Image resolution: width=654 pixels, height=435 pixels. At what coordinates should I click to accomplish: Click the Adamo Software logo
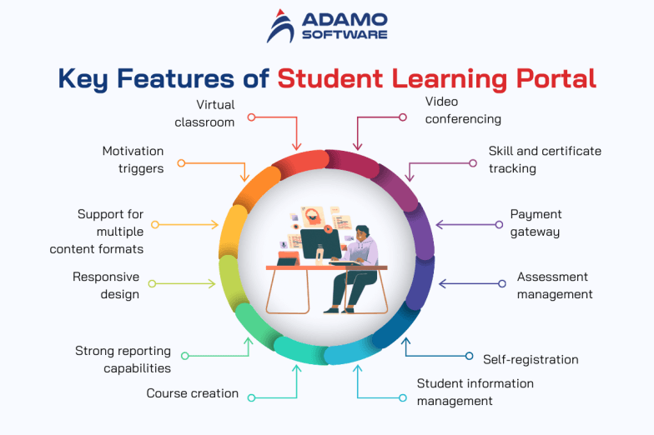pyautogui.click(x=326, y=27)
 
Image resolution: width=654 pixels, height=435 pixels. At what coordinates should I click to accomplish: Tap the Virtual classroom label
pyautogui.click(x=204, y=113)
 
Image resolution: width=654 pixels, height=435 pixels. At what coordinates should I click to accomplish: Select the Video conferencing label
pyautogui.click(x=463, y=110)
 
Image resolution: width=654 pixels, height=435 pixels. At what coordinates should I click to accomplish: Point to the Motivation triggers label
pyautogui.click(x=133, y=159)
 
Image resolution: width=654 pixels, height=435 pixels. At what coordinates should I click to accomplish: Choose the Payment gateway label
pyautogui.click(x=535, y=223)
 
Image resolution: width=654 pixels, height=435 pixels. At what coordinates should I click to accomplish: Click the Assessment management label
pyautogui.click(x=554, y=285)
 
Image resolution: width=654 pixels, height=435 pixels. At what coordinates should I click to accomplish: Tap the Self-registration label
pyautogui.click(x=531, y=359)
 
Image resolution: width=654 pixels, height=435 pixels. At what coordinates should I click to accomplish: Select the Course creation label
pyautogui.click(x=193, y=392)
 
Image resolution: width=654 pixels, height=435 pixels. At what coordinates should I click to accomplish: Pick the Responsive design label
pyautogui.click(x=106, y=285)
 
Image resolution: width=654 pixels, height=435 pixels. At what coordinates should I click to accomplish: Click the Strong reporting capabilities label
pyautogui.click(x=123, y=359)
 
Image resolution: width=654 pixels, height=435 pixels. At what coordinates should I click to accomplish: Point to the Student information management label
pyautogui.click(x=475, y=392)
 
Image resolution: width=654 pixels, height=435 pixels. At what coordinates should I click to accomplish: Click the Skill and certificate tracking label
pyautogui.click(x=545, y=159)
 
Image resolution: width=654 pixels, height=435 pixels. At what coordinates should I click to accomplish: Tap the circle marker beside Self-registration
pyautogui.click(x=469, y=356)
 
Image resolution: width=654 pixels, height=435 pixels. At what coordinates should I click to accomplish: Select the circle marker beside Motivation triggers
pyautogui.click(x=181, y=163)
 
